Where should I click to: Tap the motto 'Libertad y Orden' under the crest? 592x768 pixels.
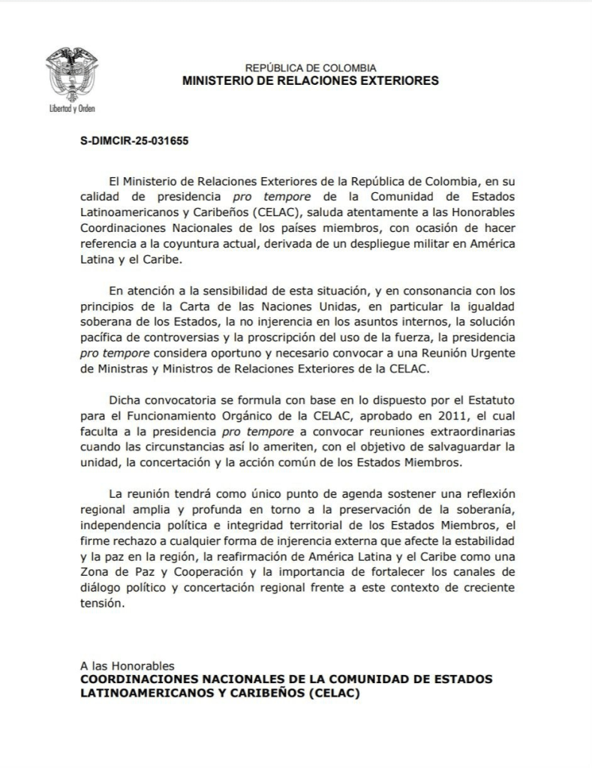point(67,108)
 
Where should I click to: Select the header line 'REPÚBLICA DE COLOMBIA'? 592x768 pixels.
point(311,68)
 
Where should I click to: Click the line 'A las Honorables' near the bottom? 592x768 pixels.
point(127,665)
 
